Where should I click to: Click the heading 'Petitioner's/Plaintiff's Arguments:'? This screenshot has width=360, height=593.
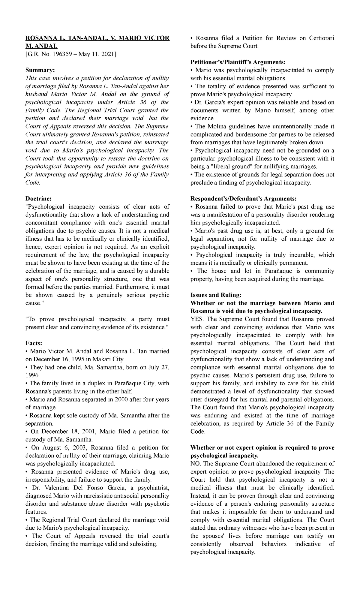(238, 62)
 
